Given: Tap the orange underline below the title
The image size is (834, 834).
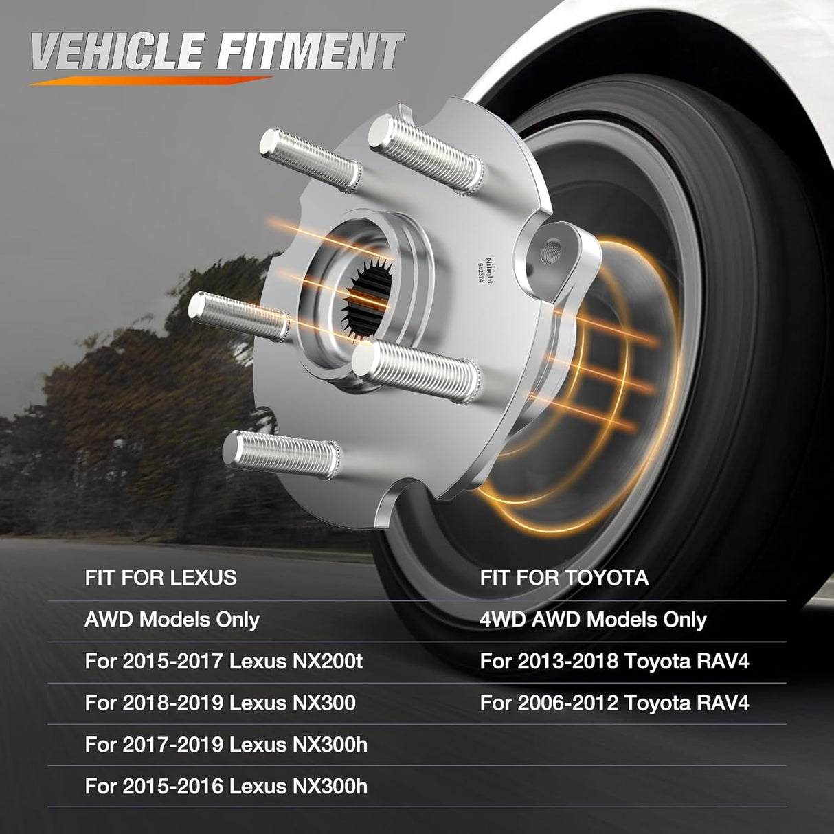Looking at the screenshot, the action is tap(151, 80).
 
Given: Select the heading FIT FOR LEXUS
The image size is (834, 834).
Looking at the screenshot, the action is tap(161, 577).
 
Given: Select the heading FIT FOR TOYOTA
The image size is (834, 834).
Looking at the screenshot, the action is tap(564, 577).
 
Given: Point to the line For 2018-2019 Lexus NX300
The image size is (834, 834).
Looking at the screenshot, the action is tap(220, 703).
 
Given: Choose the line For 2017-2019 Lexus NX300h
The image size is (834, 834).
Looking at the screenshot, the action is tap(226, 745).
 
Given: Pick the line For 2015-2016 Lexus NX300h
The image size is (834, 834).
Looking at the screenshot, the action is tap(226, 786).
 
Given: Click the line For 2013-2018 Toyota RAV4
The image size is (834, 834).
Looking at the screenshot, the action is tap(614, 662).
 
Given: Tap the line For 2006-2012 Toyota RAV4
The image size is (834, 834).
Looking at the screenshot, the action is tap(614, 703).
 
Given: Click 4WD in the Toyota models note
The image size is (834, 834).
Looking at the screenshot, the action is tap(502, 620).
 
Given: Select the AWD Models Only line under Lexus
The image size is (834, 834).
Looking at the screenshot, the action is tap(172, 620).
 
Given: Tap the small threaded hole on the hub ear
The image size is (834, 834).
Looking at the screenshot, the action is tap(552, 250).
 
